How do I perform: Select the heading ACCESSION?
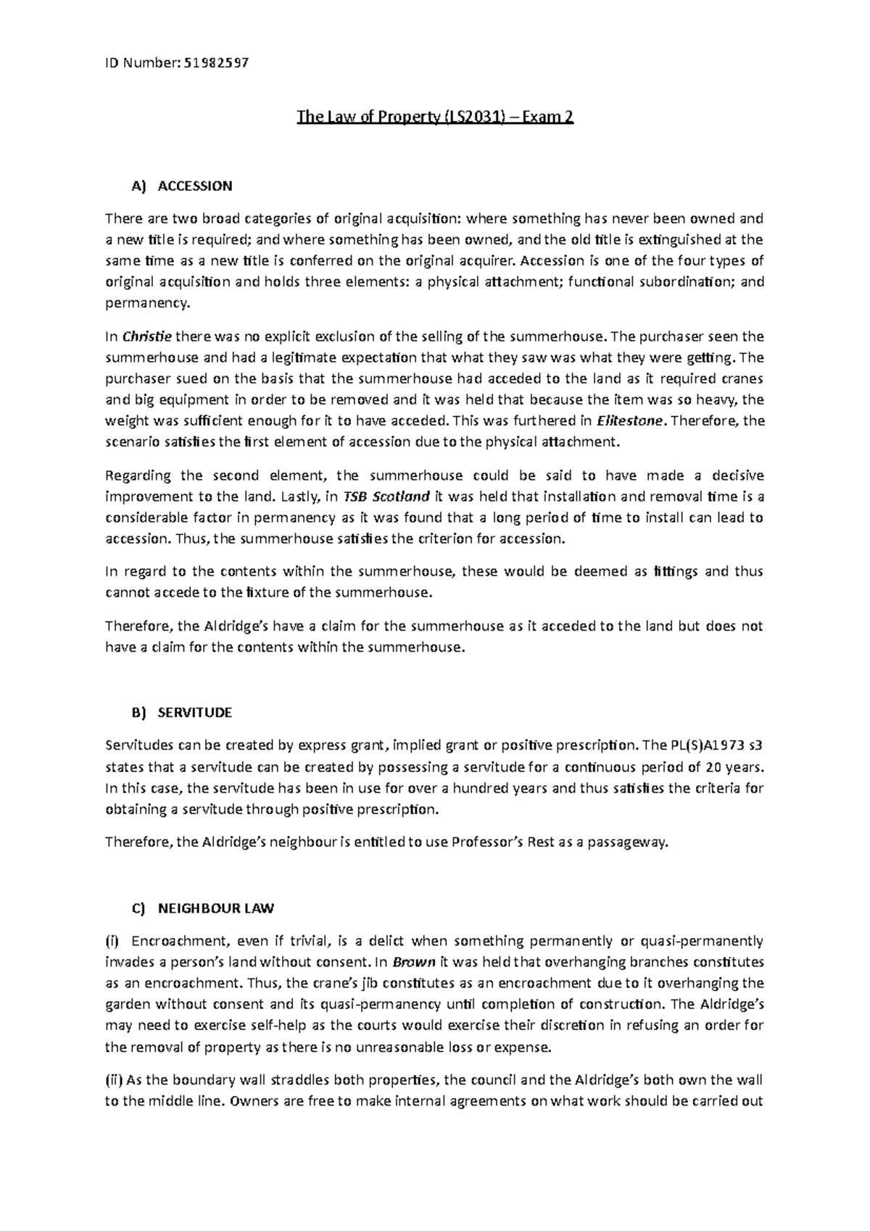[195, 186]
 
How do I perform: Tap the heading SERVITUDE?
[195, 713]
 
